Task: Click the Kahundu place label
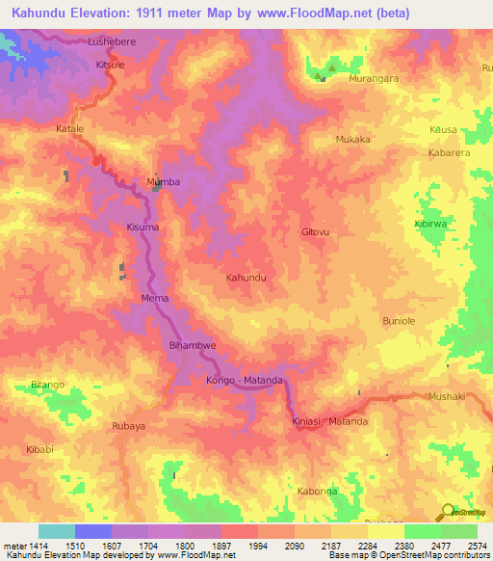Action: pos(246,278)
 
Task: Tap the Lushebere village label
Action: pos(115,42)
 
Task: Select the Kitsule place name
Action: pos(111,65)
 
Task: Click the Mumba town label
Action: pos(162,181)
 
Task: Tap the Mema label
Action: pos(155,298)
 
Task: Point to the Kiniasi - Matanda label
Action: pos(329,421)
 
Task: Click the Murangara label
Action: pos(373,78)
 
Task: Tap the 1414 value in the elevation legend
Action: pos(27,546)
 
